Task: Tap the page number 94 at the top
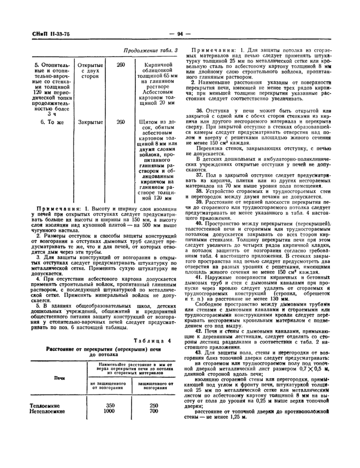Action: pos(180,34)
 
